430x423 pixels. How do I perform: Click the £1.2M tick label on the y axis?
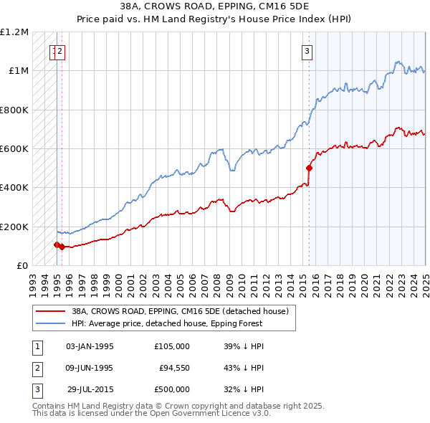pos(14,32)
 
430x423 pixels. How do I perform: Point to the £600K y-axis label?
pos(14,149)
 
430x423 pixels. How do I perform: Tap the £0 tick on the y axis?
pos(22,265)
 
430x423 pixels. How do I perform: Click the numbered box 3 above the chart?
pos(307,50)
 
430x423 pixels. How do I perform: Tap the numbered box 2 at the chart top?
pos(61,50)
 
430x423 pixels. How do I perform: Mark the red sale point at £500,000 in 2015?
pos(309,168)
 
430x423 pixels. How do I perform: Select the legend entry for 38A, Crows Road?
pos(179,311)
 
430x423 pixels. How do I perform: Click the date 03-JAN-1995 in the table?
pos(90,346)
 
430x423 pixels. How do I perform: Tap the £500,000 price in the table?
pos(172,389)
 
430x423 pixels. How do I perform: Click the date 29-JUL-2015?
pos(90,389)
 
